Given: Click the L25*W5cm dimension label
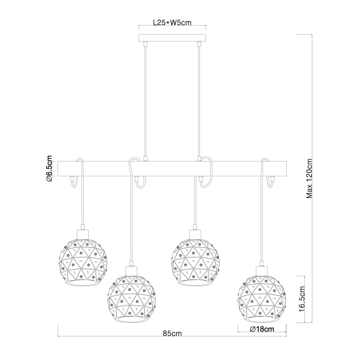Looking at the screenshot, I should (x=171, y=24).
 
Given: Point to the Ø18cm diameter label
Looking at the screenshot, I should (x=262, y=330).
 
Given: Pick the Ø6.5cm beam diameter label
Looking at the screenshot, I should (x=49, y=169).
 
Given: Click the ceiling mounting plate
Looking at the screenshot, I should (x=172, y=38).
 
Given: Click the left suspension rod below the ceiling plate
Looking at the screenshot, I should (x=145, y=100).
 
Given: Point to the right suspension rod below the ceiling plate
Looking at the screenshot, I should (x=199, y=100).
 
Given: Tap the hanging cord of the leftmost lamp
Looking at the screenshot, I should (x=82, y=203).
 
